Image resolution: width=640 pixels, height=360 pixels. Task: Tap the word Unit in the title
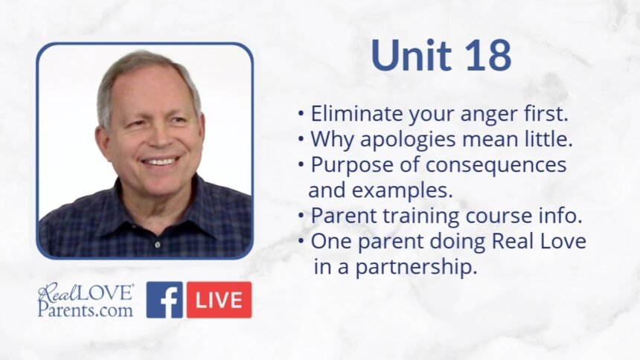pyautogui.click(x=412, y=55)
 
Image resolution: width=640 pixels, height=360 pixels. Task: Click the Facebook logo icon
pyautogui.click(x=164, y=300)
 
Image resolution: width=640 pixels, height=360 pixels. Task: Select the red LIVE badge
pyautogui.click(x=220, y=300)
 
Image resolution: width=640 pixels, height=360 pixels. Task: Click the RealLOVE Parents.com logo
pyautogui.click(x=86, y=300)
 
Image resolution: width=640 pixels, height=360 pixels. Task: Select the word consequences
pyautogui.click(x=496, y=166)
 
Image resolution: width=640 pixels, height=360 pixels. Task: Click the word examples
pyautogui.click(x=402, y=190)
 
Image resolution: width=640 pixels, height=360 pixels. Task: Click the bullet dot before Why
pyautogui.click(x=301, y=140)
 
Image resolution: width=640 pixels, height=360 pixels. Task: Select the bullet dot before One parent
pyautogui.click(x=301, y=241)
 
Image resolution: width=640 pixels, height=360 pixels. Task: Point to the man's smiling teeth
pyautogui.click(x=160, y=161)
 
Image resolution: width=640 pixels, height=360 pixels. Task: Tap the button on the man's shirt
pyautogui.click(x=158, y=244)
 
